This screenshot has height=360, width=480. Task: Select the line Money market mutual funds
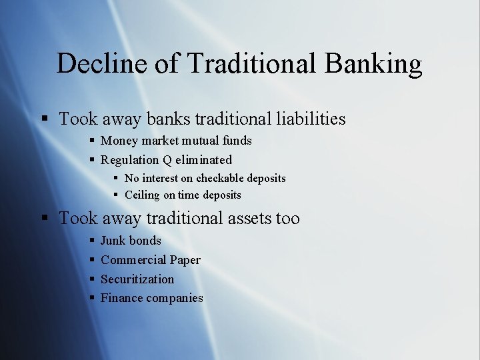coord(176,141)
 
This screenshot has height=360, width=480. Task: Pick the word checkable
coord(221,179)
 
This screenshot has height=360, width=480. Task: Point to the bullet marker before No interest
coord(116,179)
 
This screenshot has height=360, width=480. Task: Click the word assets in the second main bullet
coord(244,219)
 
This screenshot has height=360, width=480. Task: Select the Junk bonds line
coord(131,241)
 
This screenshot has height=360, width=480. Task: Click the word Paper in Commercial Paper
coord(185,260)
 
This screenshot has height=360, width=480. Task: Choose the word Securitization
coord(137,279)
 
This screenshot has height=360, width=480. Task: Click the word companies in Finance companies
coord(175,298)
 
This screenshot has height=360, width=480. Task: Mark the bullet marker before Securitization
coord(91,279)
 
